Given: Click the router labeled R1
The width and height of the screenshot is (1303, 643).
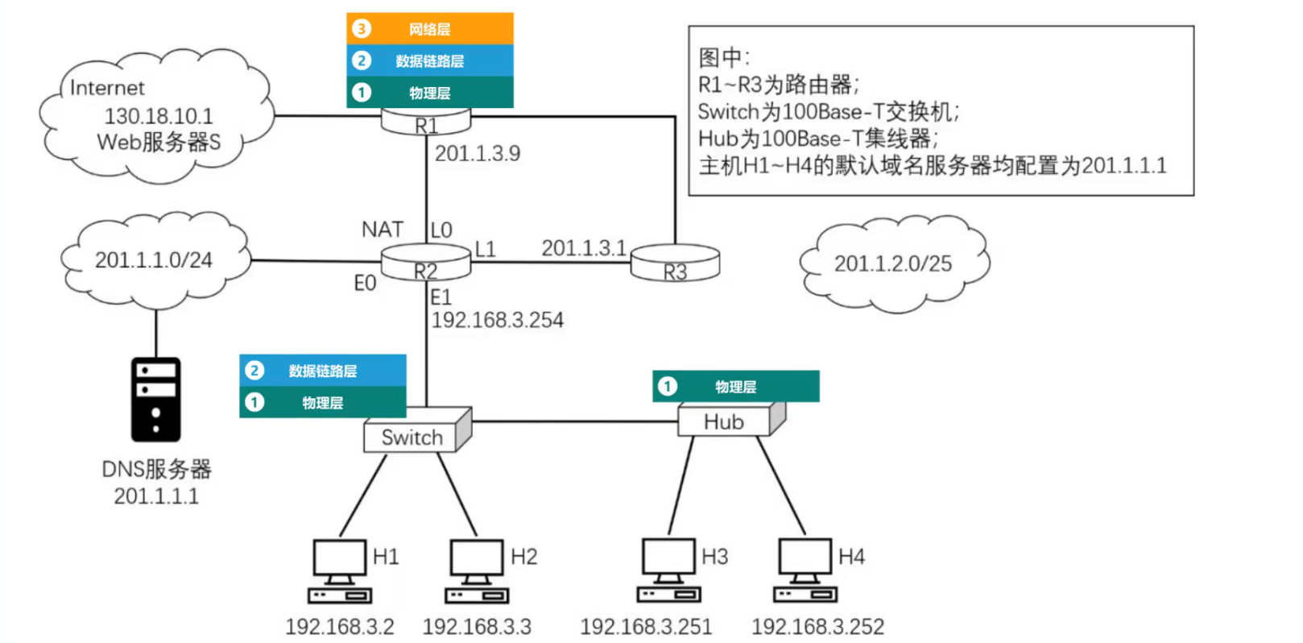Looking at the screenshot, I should click(426, 122).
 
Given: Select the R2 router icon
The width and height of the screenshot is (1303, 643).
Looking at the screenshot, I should click(426, 263).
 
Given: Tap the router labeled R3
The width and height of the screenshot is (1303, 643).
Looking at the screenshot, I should click(675, 263).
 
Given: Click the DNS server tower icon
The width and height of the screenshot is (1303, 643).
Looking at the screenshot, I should click(155, 400).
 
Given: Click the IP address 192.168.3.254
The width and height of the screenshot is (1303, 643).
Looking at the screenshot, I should click(497, 321).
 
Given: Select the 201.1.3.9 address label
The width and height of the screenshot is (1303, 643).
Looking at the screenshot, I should click(478, 153).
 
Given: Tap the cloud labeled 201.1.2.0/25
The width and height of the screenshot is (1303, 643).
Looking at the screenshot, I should click(893, 263).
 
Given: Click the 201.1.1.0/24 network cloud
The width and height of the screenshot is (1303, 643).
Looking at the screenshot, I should click(154, 260).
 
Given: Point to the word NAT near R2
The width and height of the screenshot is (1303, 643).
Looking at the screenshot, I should click(382, 230).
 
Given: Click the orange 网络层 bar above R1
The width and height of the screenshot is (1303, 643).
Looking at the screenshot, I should click(429, 29).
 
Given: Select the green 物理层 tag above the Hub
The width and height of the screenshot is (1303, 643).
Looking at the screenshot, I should click(735, 387).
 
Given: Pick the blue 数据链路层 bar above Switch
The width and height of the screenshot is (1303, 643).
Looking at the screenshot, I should click(322, 371).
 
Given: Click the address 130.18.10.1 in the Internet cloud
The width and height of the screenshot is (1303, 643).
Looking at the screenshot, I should click(159, 116).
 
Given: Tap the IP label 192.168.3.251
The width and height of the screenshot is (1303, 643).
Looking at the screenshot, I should click(646, 627).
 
